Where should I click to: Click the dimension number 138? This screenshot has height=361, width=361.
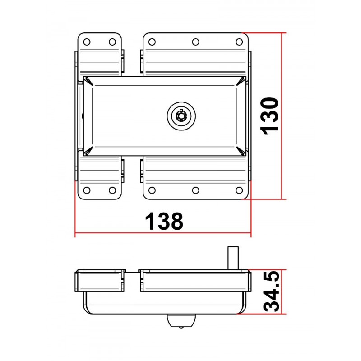(x=164, y=221)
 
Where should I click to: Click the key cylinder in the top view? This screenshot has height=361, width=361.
(x=181, y=116)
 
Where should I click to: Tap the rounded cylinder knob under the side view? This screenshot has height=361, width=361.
(x=181, y=321)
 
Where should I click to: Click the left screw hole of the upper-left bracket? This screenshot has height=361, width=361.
(x=88, y=42)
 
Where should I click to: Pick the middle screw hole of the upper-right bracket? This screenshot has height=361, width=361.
(x=196, y=42)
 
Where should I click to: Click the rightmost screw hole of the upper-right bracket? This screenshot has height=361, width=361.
(x=240, y=42)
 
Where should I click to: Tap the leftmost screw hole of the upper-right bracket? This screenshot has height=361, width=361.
(x=152, y=42)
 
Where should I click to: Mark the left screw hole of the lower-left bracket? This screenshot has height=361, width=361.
(x=88, y=190)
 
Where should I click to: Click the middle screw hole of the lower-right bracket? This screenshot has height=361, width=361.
(x=196, y=190)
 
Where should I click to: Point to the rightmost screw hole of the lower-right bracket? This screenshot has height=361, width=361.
(x=240, y=190)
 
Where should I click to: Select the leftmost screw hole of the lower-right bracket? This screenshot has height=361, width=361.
(x=152, y=190)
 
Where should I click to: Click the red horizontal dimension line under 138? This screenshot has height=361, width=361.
(x=135, y=234)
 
